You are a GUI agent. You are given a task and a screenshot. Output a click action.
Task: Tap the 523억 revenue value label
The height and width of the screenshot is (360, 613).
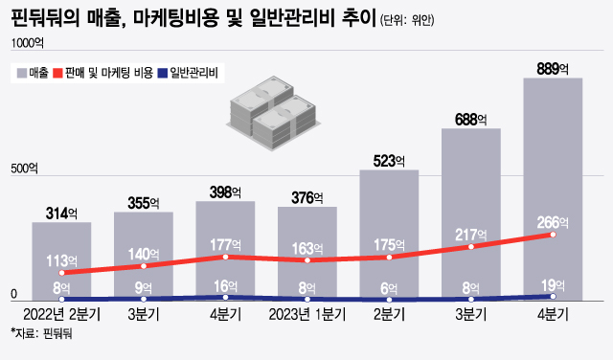click(x=389, y=160)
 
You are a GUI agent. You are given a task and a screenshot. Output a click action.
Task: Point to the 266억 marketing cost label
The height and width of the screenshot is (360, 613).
click(x=553, y=222)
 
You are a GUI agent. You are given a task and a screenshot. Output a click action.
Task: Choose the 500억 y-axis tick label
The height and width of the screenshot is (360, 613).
click(x=25, y=170)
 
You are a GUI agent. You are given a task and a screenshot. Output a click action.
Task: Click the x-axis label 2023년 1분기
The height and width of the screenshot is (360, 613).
click(x=306, y=313)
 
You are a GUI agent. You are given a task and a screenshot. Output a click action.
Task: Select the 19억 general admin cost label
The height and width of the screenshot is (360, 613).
click(x=553, y=284)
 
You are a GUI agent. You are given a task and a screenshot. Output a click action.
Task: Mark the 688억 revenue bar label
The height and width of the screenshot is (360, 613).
click(x=470, y=119)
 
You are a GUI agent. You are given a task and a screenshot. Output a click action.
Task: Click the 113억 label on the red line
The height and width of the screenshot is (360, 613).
click(x=61, y=259)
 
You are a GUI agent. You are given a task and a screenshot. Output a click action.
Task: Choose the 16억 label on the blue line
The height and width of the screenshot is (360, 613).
click(x=225, y=285)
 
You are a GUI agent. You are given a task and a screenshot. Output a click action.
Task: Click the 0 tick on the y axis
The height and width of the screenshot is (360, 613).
click(x=12, y=293)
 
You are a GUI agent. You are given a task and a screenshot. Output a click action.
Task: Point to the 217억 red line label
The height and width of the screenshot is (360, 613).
click(x=470, y=234)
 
